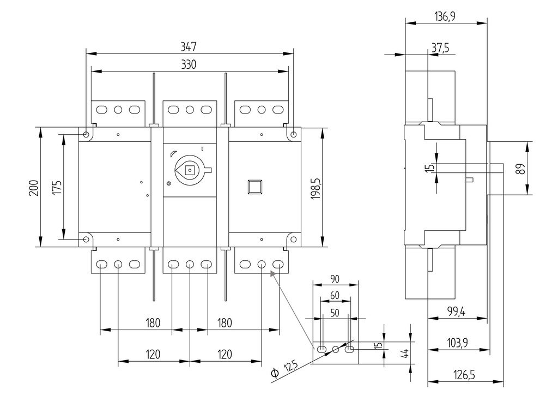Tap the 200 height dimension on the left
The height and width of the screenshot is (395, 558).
point(33,187)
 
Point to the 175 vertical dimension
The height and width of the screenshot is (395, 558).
point(57,187)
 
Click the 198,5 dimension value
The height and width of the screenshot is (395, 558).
point(316,188)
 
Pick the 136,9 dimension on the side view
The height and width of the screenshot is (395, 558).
point(445,16)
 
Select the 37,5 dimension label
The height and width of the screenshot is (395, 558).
point(440,48)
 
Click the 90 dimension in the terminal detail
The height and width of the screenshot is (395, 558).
point(335,279)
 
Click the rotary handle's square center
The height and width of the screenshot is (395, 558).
point(190,170)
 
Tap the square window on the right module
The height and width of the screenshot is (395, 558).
point(255,187)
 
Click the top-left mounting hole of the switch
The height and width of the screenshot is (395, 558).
point(87,134)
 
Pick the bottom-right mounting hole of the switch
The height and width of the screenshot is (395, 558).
point(293,239)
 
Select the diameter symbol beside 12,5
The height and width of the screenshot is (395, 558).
point(275,374)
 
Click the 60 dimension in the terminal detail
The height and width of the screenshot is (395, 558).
point(335,295)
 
